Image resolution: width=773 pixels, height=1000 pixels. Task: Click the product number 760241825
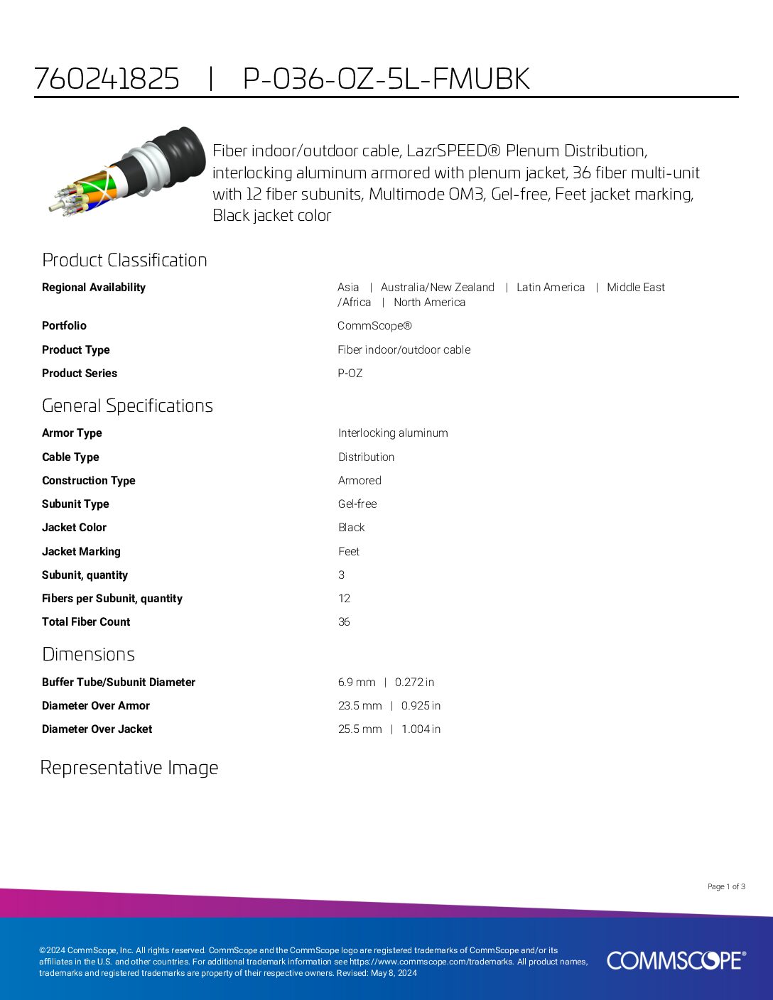(107, 79)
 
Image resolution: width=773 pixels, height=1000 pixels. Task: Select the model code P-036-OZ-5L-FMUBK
(386, 79)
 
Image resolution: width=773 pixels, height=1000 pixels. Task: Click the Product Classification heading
(124, 260)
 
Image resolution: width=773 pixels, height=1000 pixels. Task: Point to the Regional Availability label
(94, 288)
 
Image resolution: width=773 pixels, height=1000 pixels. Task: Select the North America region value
(429, 303)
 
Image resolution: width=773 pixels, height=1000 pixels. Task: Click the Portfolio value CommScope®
(374, 326)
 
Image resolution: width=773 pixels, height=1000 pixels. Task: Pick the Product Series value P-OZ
(350, 374)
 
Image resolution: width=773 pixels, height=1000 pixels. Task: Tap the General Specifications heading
(127, 406)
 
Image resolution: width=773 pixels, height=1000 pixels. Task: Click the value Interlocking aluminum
(393, 433)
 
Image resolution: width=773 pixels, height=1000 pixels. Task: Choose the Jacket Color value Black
(351, 528)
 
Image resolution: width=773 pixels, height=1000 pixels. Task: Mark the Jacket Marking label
(81, 552)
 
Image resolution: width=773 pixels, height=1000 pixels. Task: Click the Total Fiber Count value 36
(344, 622)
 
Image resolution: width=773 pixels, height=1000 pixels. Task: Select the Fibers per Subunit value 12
(344, 599)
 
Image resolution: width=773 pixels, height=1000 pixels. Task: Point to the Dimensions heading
(88, 654)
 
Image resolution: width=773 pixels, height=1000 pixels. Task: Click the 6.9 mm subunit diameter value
(357, 683)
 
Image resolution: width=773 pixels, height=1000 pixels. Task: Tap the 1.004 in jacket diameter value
(421, 729)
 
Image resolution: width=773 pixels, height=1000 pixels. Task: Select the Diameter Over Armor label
(96, 706)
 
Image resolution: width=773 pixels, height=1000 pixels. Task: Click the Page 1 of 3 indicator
(726, 886)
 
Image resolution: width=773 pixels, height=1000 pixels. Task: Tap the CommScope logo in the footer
(676, 960)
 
